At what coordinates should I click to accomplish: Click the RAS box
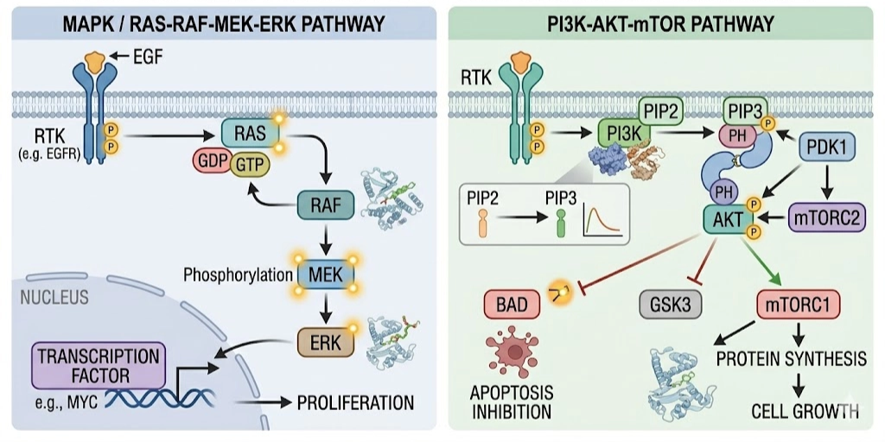249,133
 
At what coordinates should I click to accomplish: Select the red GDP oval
213,162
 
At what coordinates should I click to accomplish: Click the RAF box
322,206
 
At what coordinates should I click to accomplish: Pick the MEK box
322,275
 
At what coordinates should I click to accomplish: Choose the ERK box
322,342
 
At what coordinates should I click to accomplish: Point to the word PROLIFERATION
356,402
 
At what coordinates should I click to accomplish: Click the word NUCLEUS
53,298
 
